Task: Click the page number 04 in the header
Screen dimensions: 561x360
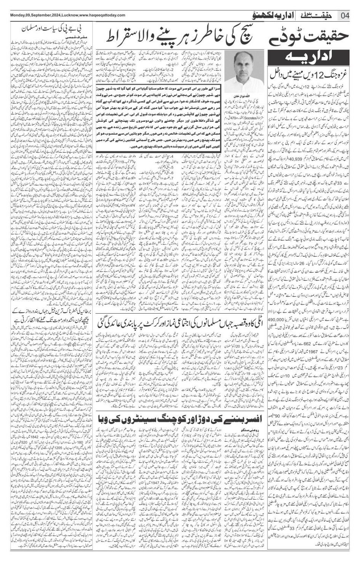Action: (346, 15)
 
